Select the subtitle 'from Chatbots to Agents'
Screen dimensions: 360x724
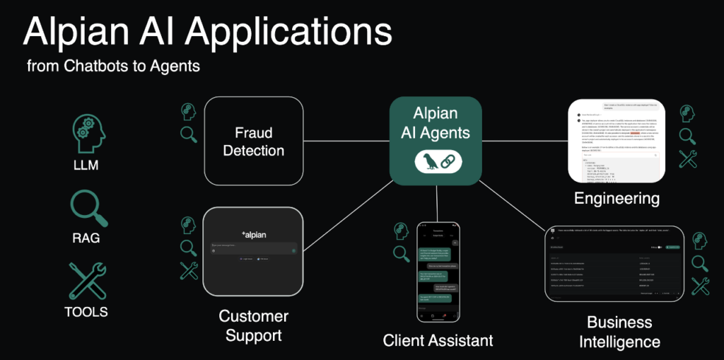pyautogui.click(x=113, y=66)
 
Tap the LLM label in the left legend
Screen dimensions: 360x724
pyautogui.click(x=86, y=166)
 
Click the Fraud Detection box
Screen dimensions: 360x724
pyautogui.click(x=254, y=141)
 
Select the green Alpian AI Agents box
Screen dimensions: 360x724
pyautogui.click(x=436, y=141)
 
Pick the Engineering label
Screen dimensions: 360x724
pyautogui.click(x=617, y=198)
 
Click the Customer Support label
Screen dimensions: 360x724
pyautogui.click(x=253, y=325)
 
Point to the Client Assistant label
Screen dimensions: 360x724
pyautogui.click(x=438, y=340)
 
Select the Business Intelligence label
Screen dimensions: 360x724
pyautogui.click(x=619, y=332)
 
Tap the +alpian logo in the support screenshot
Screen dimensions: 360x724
pyautogui.click(x=253, y=234)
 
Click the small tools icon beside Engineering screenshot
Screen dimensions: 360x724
pyautogui.click(x=689, y=159)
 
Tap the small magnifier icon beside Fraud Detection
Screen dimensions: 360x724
pyautogui.click(x=189, y=134)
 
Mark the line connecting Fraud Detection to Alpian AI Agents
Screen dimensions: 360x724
pyautogui.click(x=346, y=141)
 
